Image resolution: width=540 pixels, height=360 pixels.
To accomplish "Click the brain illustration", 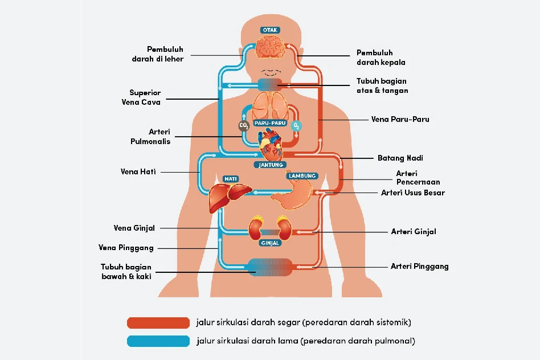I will tap(270, 47).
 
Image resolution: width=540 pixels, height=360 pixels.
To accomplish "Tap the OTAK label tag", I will tap(270, 30).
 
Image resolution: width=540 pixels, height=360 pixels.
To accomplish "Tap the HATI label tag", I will tap(231, 179).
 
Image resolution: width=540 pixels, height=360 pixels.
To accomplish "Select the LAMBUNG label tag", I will tap(302, 176).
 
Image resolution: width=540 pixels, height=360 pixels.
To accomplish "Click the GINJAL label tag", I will tap(270, 243).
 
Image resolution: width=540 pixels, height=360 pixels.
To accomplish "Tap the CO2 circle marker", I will tap(244, 126).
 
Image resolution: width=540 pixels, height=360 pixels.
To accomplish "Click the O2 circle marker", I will tap(296, 125).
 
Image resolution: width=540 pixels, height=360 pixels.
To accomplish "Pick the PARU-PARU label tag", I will tap(269, 123).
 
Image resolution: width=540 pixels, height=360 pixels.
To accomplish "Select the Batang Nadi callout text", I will tap(400, 158).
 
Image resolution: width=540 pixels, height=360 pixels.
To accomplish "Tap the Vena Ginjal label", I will tap(134, 228).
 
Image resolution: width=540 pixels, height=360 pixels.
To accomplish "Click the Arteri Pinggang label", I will tap(419, 266).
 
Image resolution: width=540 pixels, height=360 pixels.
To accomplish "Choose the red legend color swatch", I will tap(158, 323).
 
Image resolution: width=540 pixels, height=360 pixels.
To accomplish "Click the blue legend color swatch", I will tap(158, 341).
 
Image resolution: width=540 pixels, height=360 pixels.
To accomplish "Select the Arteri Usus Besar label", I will tap(412, 193).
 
